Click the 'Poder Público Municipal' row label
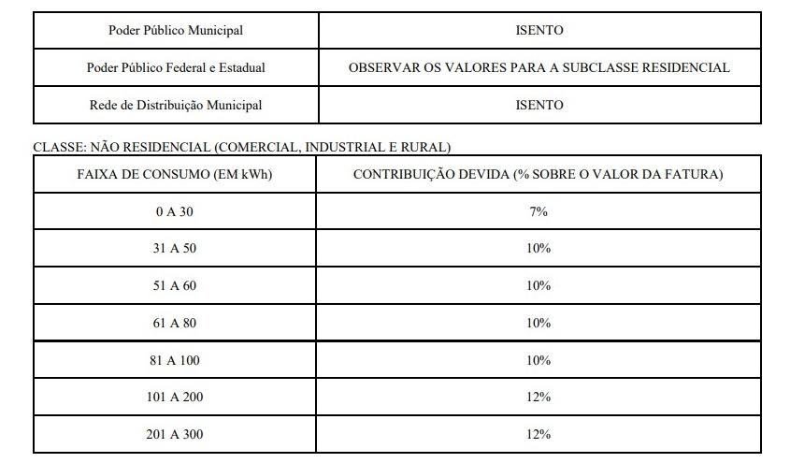(176, 30)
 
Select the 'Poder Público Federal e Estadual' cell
(176, 67)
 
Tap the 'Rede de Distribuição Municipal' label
(176, 105)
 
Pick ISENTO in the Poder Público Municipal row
(539, 30)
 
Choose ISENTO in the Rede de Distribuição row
(539, 105)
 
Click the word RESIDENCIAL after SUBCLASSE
(683, 67)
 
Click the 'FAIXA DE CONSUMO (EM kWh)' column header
(175, 175)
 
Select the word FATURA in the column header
(698, 175)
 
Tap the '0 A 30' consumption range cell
(175, 212)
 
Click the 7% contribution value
(539, 212)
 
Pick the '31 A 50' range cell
(175, 249)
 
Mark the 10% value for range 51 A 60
(539, 286)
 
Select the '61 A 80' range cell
(175, 323)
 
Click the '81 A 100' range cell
(175, 360)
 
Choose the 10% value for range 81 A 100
(539, 360)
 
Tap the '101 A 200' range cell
(175, 397)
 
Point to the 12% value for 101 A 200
(539, 397)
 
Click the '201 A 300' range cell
(175, 434)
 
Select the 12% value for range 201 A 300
(539, 434)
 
